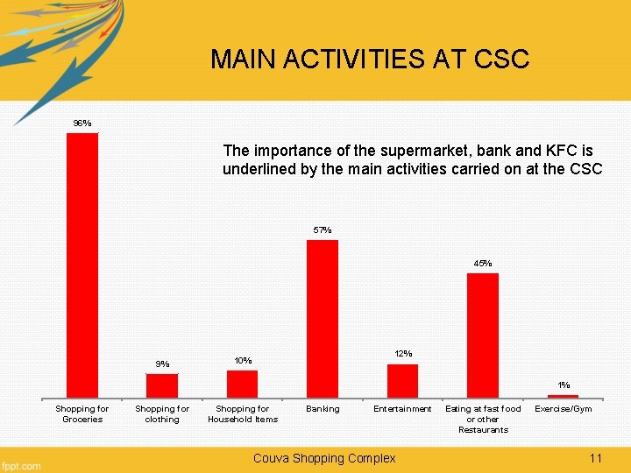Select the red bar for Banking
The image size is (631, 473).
(x=323, y=319)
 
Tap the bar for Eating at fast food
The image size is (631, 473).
(x=483, y=335)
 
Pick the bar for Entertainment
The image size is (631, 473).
(x=402, y=381)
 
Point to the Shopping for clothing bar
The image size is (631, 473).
(x=162, y=385)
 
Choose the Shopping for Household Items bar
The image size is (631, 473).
(x=242, y=384)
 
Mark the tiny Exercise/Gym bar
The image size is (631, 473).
(x=563, y=396)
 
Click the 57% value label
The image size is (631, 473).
(x=323, y=230)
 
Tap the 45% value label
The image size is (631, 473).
(x=483, y=263)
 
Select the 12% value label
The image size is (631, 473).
(x=403, y=353)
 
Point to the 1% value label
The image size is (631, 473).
(x=564, y=385)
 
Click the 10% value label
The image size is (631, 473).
(x=243, y=360)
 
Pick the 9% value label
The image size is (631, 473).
(x=162, y=364)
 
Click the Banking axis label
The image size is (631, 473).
(x=323, y=409)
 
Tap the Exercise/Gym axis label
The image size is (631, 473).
(x=564, y=409)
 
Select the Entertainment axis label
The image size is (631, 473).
(x=402, y=409)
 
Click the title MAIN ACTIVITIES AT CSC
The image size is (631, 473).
(x=370, y=60)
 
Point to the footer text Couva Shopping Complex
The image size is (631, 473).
(x=324, y=458)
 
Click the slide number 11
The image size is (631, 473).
(x=596, y=458)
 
